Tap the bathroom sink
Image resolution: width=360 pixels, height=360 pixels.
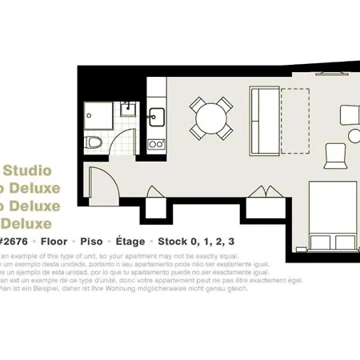(126, 109)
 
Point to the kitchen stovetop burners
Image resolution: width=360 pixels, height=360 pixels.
(156, 145)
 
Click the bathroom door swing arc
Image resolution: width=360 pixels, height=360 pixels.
(127, 146)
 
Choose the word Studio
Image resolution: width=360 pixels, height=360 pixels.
(28, 170)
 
